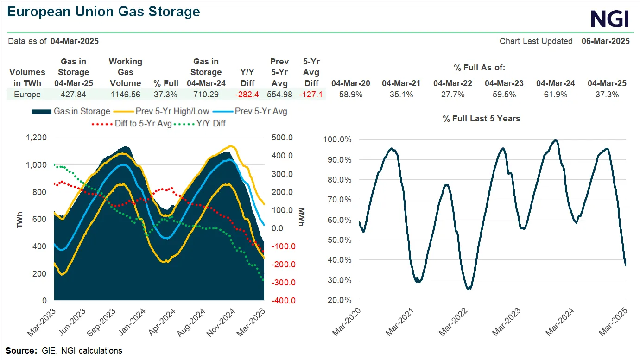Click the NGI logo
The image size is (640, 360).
(609, 19)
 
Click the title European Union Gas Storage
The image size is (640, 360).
(104, 12)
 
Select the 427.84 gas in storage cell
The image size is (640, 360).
(73, 95)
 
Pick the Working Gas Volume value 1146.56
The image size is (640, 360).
(125, 95)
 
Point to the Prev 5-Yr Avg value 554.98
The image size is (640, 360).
(279, 95)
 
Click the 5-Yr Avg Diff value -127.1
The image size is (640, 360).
(311, 95)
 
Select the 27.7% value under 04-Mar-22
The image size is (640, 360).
(452, 95)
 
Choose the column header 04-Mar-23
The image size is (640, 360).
(504, 83)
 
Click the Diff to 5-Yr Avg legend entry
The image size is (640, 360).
(139, 123)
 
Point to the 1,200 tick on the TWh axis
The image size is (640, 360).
(37, 138)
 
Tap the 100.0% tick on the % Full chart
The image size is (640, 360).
(338, 139)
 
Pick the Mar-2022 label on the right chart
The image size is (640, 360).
(456, 323)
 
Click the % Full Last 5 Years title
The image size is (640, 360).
(481, 119)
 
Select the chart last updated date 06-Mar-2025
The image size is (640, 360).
(605, 41)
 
